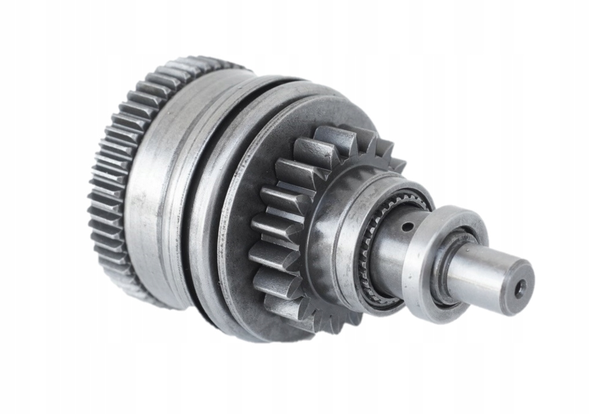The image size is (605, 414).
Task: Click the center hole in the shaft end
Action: coord(520,288)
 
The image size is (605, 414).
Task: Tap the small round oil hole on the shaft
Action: coord(408,226)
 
